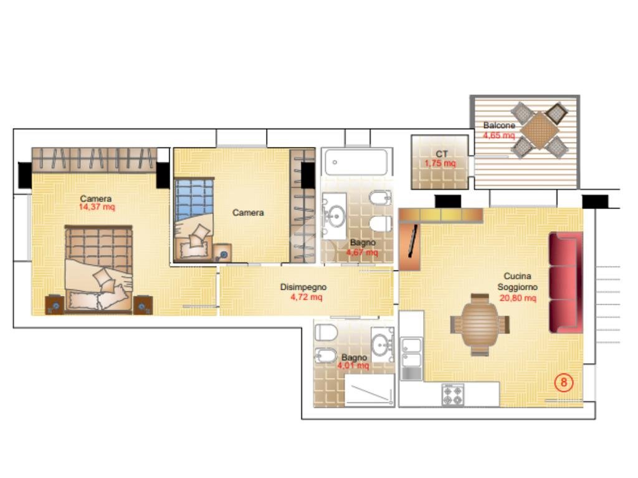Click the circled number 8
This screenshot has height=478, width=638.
tap(564, 383)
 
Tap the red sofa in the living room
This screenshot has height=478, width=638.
tap(566, 283)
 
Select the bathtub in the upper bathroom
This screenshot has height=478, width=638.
tap(356, 162)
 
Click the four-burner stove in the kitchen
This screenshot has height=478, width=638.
tap(453, 394)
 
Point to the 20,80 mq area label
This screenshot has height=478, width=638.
tap(518, 298)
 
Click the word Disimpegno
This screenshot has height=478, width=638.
tap(303, 287)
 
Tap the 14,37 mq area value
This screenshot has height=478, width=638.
tap(97, 207)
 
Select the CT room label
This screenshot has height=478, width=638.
tap(442, 154)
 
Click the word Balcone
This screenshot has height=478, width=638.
tap(499, 125)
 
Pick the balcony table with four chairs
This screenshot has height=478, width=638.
tap(540, 130)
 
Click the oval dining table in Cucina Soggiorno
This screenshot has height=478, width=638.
tap(480, 324)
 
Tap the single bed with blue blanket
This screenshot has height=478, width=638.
tap(194, 219)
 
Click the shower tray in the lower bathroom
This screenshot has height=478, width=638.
tap(369, 390)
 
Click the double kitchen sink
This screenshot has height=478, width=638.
tap(411, 352)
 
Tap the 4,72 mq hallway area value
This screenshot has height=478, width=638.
tap(307, 297)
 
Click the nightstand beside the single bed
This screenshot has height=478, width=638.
tap(222, 253)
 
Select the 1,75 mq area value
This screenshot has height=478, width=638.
tap(440, 164)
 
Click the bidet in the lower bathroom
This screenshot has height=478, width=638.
tap(325, 355)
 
